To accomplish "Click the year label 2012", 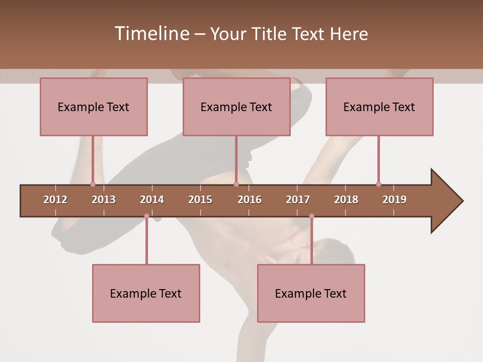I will tap(55, 200).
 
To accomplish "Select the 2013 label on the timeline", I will tap(104, 200).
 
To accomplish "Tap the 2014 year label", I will tap(152, 200).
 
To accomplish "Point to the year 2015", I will tap(200, 200).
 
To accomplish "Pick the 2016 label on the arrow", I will tap(250, 200).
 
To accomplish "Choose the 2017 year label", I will tap(298, 200).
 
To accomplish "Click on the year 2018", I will tap(346, 200).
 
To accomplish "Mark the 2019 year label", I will tap(394, 200).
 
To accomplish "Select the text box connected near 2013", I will tap(94, 107).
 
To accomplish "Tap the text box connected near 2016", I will tap(236, 107).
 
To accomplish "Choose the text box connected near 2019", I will tap(379, 107).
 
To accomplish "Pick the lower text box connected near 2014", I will tap(146, 293).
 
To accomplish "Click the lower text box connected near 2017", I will tap(311, 293).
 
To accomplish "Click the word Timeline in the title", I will tap(151, 34).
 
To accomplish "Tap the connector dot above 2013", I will tap(93, 184).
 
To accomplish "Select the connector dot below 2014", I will tap(146, 216).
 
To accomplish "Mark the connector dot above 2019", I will tap(378, 184).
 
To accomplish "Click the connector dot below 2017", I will tap(311, 216).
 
